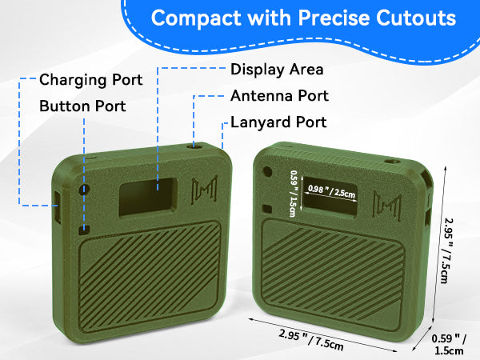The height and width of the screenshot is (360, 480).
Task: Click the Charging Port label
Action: click(91, 80)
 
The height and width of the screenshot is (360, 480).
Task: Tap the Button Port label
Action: click(82, 106)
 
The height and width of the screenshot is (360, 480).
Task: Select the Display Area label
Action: click(277, 70)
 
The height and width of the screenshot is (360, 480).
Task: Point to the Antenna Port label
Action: click(279, 96)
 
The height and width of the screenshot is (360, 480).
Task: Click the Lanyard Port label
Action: click(278, 122)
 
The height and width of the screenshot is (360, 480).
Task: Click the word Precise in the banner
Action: click(334, 18)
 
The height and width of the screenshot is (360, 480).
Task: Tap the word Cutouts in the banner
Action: click(416, 18)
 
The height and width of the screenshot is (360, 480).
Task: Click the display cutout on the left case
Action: click(148, 197)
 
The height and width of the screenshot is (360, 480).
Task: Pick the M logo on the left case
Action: click(204, 190)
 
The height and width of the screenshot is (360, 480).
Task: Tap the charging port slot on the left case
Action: click(58, 206)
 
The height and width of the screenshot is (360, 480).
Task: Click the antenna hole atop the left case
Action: click(194, 146)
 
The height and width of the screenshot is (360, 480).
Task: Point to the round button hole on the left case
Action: click(84, 190)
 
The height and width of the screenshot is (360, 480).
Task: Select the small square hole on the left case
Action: click(84, 230)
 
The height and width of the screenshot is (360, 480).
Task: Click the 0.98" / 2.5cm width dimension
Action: click(331, 192)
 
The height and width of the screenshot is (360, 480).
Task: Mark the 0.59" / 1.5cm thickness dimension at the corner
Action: click(449, 344)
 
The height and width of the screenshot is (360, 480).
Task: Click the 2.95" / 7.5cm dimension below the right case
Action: click(311, 339)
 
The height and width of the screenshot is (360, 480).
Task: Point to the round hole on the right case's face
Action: click(267, 171)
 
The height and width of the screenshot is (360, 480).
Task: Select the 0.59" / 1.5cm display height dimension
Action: click(294, 194)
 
